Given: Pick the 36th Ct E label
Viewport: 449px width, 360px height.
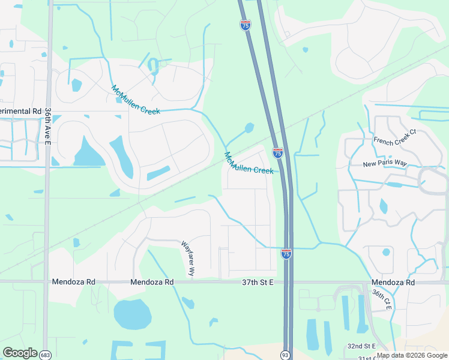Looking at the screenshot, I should pos(381,299).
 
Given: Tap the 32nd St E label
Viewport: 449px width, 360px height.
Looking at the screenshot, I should pos(361,346).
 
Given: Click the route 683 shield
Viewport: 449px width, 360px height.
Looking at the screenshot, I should pos(44,355).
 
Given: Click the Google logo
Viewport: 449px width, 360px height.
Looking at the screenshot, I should pos(20,353).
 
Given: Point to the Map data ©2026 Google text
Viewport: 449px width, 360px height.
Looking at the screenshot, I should pos(411,355).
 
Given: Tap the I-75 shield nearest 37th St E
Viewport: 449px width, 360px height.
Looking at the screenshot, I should pos(286,254).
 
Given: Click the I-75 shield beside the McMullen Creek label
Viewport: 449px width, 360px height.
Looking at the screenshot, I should pos(277,153).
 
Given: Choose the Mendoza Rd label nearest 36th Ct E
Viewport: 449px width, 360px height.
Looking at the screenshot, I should pos(393,282).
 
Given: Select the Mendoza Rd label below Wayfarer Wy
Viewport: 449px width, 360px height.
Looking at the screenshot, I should pos(152,282).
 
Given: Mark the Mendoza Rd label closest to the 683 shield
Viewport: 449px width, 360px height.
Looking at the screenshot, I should pos(74,281).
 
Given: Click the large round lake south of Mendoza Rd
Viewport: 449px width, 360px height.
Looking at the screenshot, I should pos(133,314).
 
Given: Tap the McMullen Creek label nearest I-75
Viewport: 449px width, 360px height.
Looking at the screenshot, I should pos(249,163).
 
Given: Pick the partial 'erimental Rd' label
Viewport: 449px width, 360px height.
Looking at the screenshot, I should pos(20,112).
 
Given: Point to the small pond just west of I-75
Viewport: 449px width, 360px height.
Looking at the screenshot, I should pos(249,127).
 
